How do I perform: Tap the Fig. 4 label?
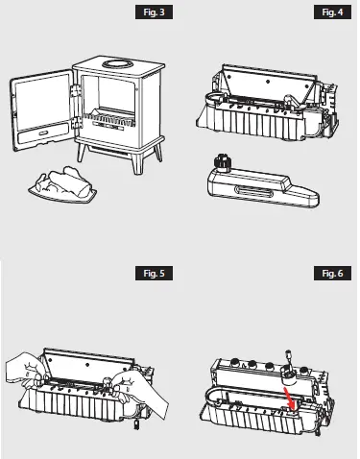tap(328, 13)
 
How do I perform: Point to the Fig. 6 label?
tap(328, 274)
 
